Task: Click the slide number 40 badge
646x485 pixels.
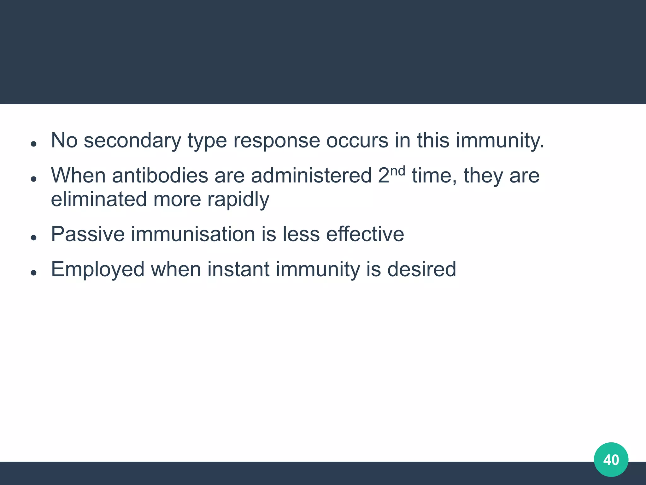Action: (x=611, y=460)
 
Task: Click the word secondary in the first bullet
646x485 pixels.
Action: (x=132, y=141)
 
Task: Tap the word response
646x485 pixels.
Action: (x=277, y=141)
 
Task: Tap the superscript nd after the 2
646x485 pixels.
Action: (x=397, y=171)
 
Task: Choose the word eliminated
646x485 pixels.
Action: (x=99, y=199)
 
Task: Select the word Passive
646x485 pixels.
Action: (x=88, y=234)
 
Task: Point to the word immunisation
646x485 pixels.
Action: (x=193, y=234)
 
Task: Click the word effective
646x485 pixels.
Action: (x=365, y=234)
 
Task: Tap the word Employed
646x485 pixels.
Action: (x=97, y=270)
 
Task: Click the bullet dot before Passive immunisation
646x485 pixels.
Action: (x=34, y=238)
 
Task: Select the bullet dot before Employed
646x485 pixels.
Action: (x=34, y=272)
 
